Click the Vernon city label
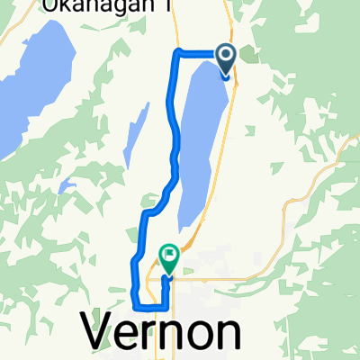point(165,333)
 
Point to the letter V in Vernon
point(102,333)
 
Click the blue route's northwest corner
point(175,51)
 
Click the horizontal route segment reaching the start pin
point(198,51)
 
